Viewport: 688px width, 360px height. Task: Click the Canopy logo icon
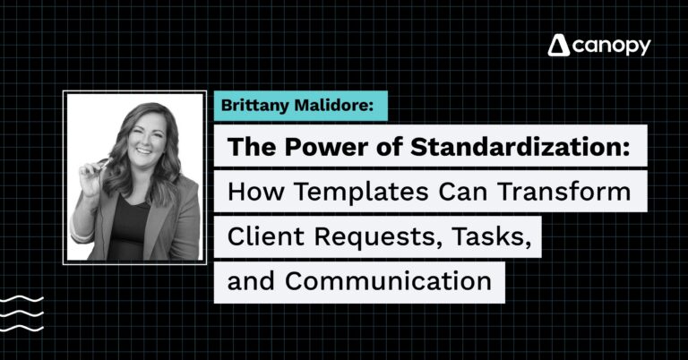[558, 47]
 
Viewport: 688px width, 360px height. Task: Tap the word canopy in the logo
[612, 47]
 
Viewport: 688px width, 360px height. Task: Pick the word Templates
[351, 192]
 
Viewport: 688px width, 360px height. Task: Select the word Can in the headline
[449, 192]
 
